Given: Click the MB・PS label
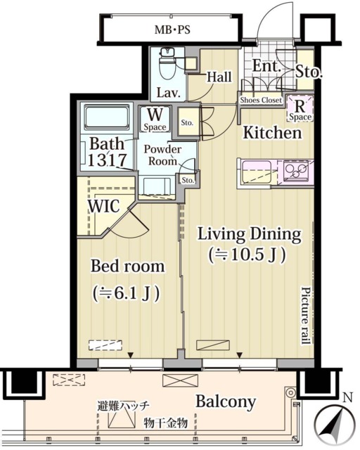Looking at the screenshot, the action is [x=172, y=30].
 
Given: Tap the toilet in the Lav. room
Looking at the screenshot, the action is [x=167, y=64].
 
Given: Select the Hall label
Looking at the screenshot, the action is [x=219, y=77].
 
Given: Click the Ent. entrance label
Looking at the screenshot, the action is [x=266, y=66].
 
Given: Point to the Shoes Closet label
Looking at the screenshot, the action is [x=261, y=100].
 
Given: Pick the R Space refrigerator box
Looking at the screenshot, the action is [x=300, y=108].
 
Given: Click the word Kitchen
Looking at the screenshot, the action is [x=272, y=133].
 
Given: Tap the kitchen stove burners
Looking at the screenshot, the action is [x=296, y=172].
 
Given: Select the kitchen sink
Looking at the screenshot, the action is [x=257, y=172].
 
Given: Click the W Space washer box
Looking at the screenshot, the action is [x=155, y=119].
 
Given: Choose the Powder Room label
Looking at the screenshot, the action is [x=162, y=155].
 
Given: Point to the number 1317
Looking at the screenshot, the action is [x=107, y=160].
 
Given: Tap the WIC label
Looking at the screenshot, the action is [x=103, y=206].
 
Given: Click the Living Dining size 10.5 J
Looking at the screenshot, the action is [x=247, y=255].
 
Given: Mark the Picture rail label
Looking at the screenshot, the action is [x=306, y=315].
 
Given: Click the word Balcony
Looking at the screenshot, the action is [x=226, y=401].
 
